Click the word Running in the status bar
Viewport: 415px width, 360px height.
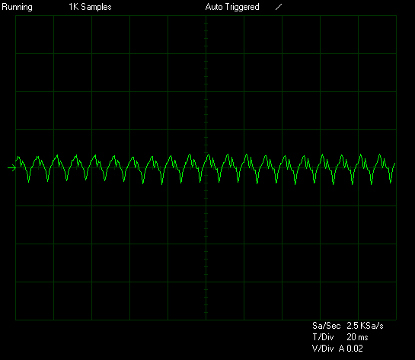(17, 7)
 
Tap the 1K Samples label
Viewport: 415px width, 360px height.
(90, 7)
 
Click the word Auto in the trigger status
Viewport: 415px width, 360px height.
(214, 7)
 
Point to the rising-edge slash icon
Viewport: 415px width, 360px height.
(279, 7)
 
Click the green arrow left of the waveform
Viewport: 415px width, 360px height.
(12, 167)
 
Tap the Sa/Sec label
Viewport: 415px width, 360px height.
(327, 326)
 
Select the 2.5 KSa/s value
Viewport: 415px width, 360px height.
(365, 326)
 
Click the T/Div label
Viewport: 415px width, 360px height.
(323, 337)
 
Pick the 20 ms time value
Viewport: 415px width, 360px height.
(357, 337)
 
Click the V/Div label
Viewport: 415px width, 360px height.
(323, 349)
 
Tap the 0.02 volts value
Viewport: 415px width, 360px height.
(355, 349)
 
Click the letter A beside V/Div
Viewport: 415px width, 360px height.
(342, 349)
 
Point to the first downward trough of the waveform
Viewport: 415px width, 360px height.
(29, 182)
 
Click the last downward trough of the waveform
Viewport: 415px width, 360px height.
(391, 183)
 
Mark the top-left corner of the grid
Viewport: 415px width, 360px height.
(16, 16)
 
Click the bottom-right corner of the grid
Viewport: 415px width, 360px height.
(396, 320)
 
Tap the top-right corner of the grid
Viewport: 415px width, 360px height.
(396, 16)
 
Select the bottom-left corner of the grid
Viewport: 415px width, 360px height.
(16, 320)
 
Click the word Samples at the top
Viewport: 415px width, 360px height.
(96, 7)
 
